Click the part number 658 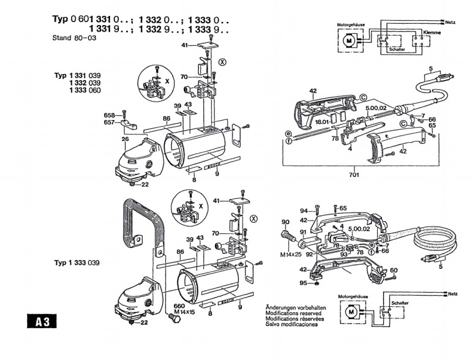(109, 115)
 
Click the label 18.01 (322, 122)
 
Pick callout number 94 (304, 211)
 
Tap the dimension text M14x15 (182, 312)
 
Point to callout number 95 (303, 282)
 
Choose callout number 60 (393, 270)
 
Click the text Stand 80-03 (74, 37)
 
